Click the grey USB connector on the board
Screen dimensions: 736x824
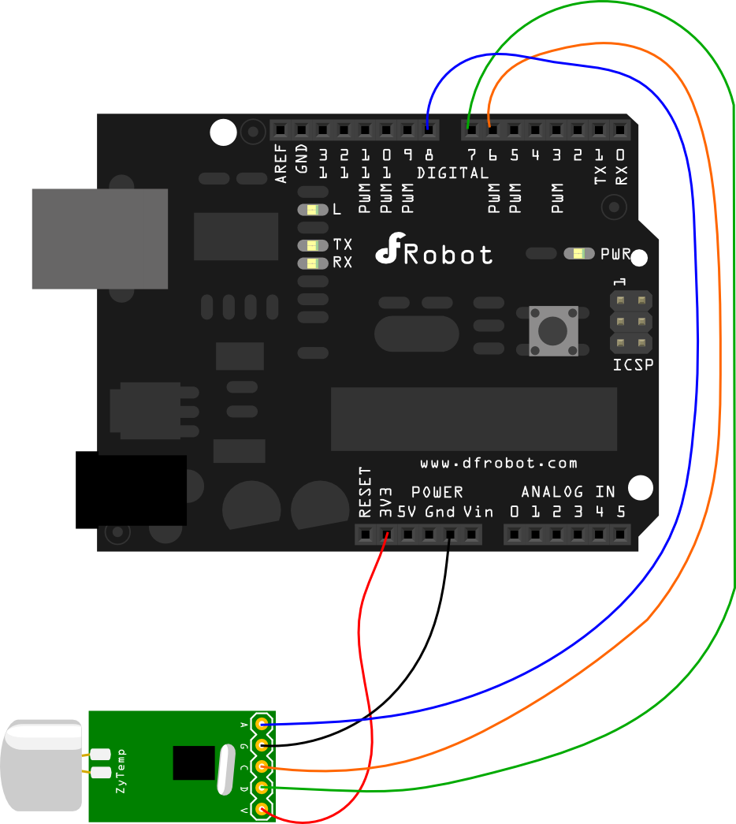tap(99, 239)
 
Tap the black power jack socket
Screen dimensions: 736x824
tap(131, 490)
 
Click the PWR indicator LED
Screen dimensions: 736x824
tap(579, 254)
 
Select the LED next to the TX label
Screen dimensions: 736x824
tap(313, 245)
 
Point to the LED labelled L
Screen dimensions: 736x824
tap(313, 210)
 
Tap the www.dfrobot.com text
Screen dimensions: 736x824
tap(498, 463)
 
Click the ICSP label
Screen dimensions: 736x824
tap(633, 365)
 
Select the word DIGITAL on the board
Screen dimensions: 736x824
tap(452, 173)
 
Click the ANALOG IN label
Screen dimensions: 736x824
tap(567, 492)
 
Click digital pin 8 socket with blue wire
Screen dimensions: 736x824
tap(428, 129)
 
